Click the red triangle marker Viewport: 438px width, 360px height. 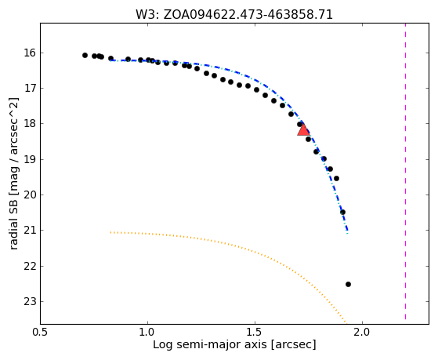point(303,129)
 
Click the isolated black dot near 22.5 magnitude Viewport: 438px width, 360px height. point(348,284)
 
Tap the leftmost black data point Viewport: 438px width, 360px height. point(85,55)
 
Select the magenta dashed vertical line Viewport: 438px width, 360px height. point(405,172)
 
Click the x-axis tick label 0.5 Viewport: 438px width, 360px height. point(41,332)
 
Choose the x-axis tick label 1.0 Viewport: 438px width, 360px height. point(148,332)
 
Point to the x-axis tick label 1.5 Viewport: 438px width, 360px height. point(255,332)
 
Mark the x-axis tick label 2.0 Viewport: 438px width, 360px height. point(362,332)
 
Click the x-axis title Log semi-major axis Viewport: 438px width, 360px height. point(210,345)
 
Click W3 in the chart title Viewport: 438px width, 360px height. point(147,15)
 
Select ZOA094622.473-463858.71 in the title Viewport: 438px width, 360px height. point(248,15)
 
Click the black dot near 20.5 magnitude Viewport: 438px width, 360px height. point(342,212)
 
